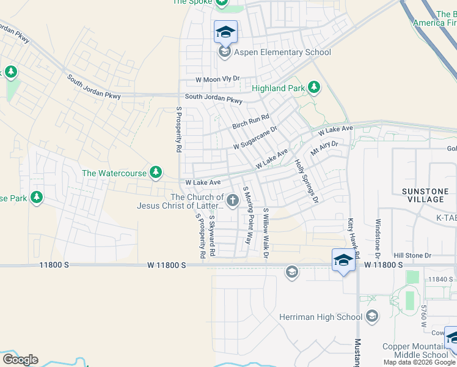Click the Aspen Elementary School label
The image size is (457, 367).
pyautogui.click(x=283, y=52)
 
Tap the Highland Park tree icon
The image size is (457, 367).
pyautogui.click(x=315, y=87)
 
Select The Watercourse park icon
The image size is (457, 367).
pyautogui.click(x=157, y=172)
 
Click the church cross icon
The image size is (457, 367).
pyautogui.click(x=232, y=200)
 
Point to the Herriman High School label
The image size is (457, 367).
pyautogui.click(x=321, y=317)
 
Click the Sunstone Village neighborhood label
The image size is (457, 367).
pyautogui.click(x=425, y=196)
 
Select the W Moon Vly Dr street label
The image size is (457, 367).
pyautogui.click(x=218, y=80)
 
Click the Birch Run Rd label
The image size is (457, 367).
pyautogui.click(x=250, y=122)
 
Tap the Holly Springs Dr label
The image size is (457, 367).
pyautogui.click(x=307, y=182)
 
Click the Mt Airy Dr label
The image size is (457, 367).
pyautogui.click(x=324, y=147)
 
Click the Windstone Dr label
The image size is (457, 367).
pyautogui.click(x=378, y=238)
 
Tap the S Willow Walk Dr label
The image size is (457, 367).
pyautogui.click(x=266, y=233)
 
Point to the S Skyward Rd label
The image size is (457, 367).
pyautogui.click(x=212, y=235)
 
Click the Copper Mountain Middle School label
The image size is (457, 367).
pyautogui.click(x=415, y=350)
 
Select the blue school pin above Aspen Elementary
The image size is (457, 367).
pyautogui.click(x=225, y=32)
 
